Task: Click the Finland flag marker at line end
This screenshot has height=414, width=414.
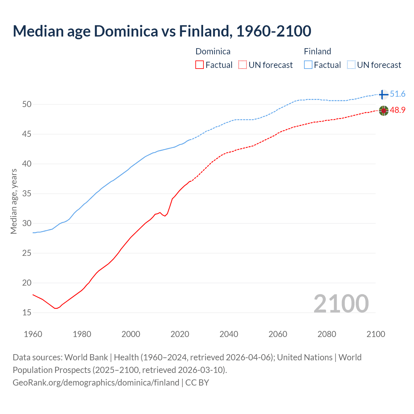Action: click(383, 94)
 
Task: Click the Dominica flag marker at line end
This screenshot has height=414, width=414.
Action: click(383, 111)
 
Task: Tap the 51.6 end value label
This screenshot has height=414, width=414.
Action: click(398, 94)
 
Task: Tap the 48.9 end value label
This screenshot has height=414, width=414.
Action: click(398, 110)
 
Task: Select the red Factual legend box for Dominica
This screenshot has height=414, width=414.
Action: click(200, 65)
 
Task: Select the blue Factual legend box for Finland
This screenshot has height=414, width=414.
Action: click(308, 65)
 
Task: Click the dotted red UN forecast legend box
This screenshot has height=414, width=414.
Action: click(243, 65)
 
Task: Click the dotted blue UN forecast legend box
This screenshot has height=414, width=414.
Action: click(351, 65)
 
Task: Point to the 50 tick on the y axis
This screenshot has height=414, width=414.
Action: click(27, 104)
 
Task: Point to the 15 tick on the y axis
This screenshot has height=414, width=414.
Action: click(27, 312)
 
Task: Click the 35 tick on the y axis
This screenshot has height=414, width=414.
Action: click(27, 194)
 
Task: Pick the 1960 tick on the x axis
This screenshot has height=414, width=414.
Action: click(33, 334)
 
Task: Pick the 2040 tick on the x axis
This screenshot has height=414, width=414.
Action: click(229, 334)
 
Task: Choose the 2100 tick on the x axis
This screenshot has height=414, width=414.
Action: click(376, 334)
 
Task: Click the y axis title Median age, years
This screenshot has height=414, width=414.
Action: click(14, 201)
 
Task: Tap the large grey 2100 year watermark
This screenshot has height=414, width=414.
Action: click(341, 303)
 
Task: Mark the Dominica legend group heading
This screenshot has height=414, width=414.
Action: click(213, 51)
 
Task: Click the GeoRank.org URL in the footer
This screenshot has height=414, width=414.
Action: click(96, 383)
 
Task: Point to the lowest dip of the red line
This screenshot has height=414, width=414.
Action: click(56, 308)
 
